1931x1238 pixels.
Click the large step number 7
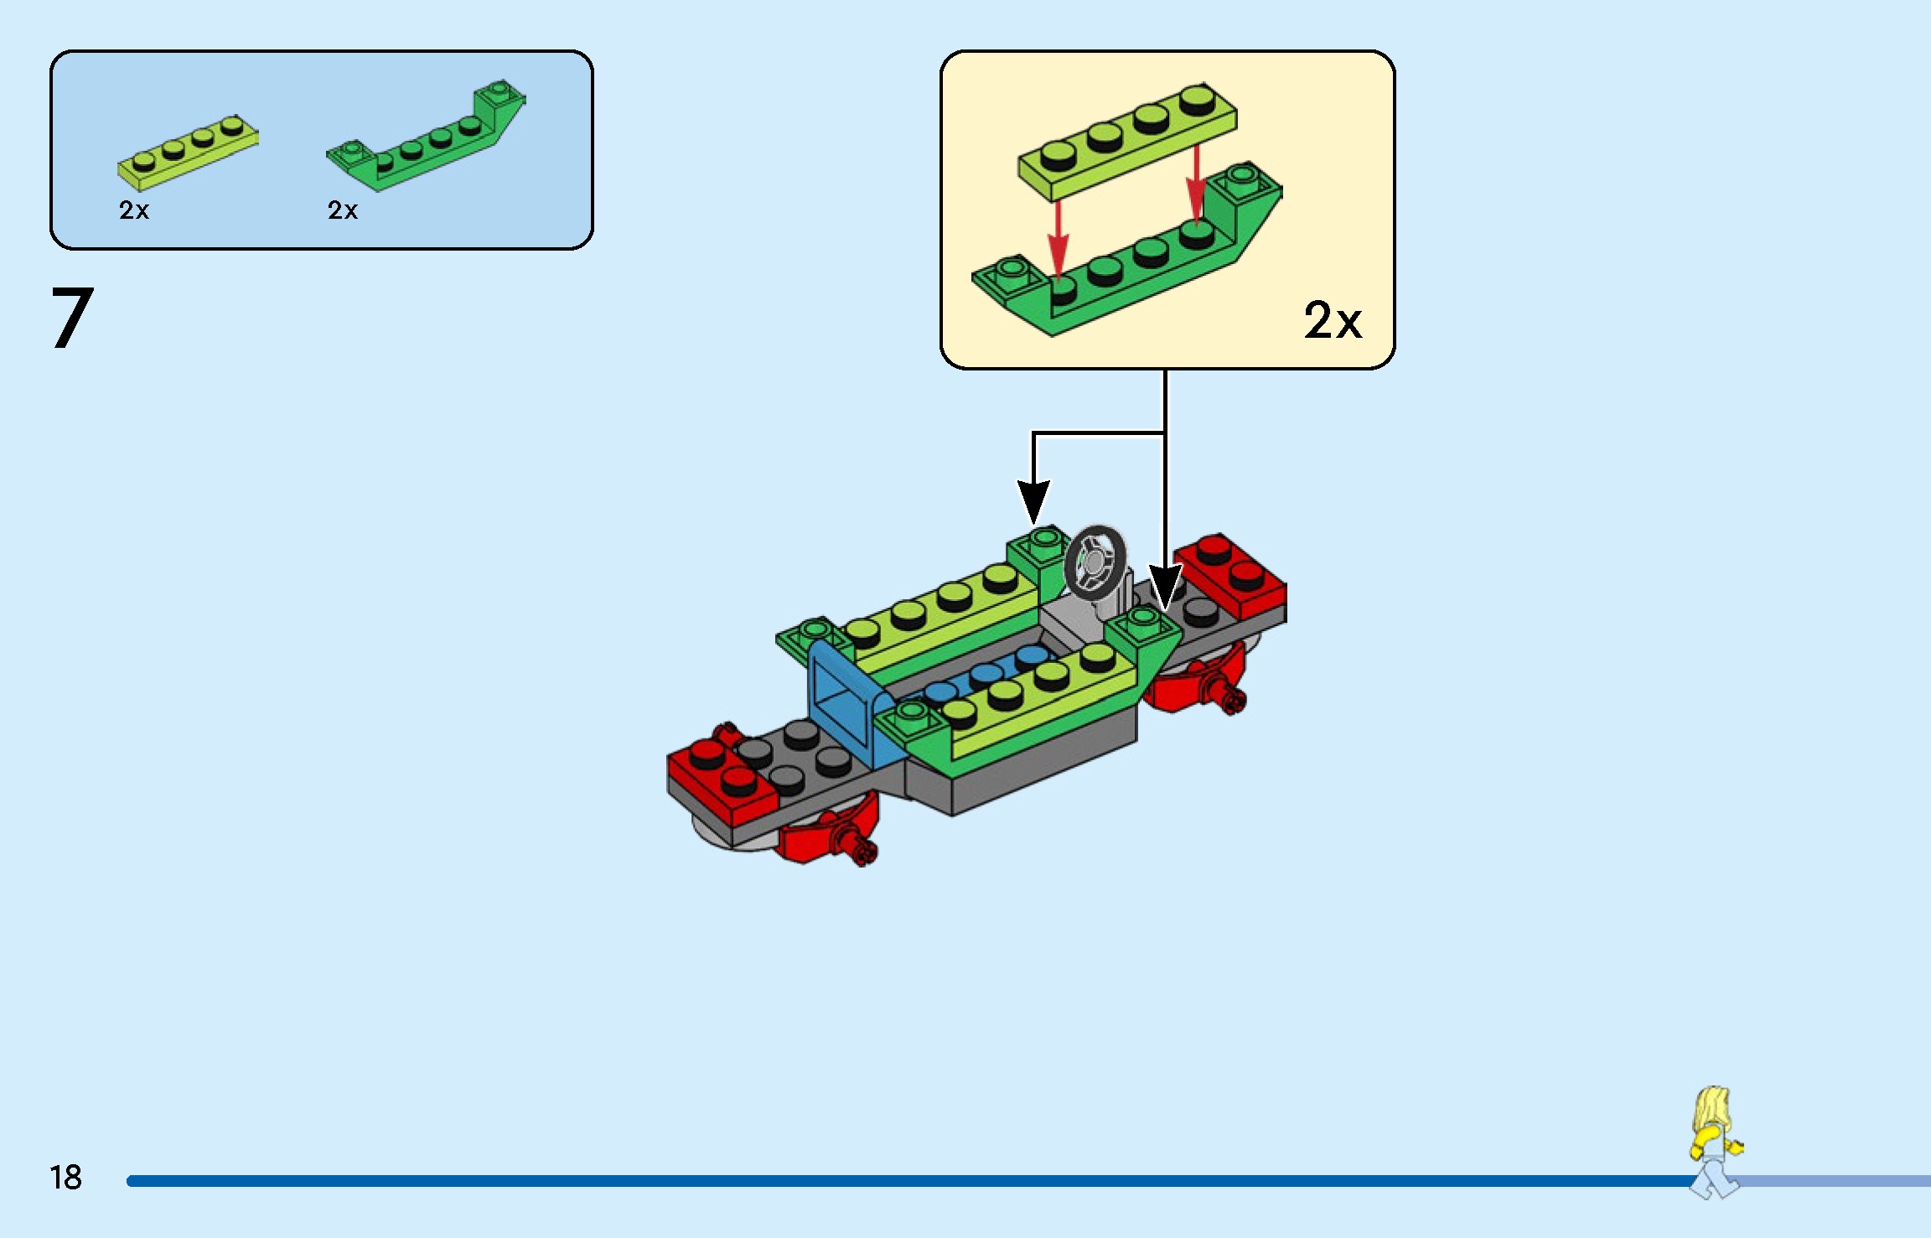72,318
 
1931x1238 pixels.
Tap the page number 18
65,1178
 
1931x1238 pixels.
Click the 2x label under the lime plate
134,210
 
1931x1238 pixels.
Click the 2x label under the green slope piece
343,210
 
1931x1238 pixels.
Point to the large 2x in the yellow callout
1333,320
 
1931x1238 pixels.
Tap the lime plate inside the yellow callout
1127,142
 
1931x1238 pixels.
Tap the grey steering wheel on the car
1095,562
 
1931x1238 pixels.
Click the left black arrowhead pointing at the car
1033,502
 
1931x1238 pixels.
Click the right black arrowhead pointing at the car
1164,587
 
